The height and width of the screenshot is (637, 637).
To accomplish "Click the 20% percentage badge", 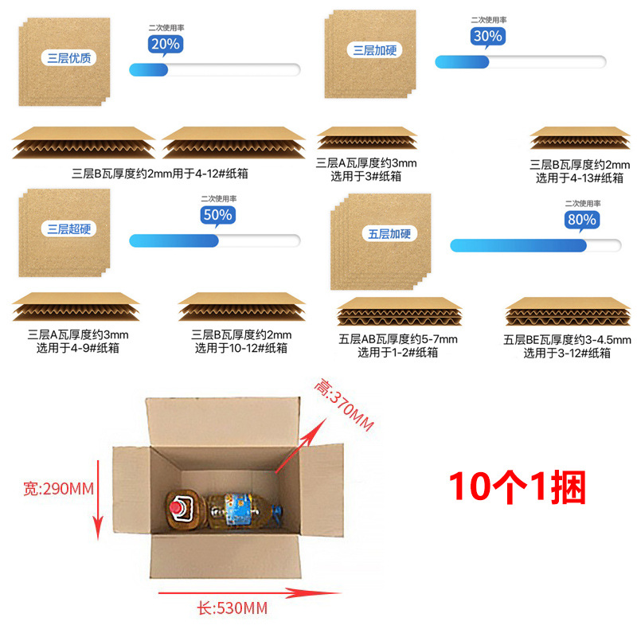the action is [165, 45].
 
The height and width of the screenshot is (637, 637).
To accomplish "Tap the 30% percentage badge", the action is [487, 36].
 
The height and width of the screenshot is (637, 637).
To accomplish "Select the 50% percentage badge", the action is [217, 215].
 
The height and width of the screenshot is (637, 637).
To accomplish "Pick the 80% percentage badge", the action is [581, 219].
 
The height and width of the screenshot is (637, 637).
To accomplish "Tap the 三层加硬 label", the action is [373, 50].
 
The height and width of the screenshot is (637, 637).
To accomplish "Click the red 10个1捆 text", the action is [517, 487].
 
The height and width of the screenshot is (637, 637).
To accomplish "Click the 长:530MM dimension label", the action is [232, 609].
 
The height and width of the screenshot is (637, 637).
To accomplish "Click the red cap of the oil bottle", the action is [178, 506].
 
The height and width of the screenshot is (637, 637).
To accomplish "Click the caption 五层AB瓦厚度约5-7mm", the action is [398, 340].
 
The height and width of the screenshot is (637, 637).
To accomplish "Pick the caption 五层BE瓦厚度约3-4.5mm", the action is [567, 340].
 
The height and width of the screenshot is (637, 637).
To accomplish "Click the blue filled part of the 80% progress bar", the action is [518, 245].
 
